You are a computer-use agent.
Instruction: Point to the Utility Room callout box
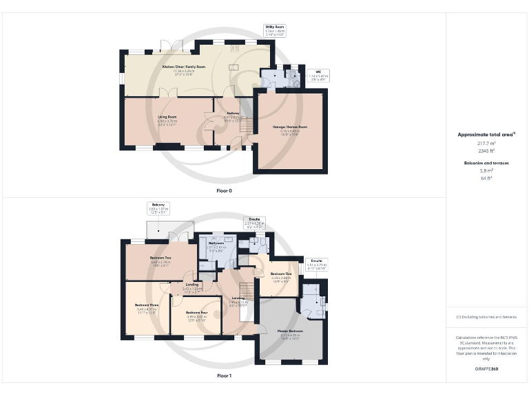click(275, 30)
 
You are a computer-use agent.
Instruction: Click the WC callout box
click(318, 74)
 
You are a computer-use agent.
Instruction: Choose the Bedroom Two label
click(160, 258)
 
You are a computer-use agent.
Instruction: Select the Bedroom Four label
click(197, 312)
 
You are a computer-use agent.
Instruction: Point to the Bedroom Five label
click(280, 274)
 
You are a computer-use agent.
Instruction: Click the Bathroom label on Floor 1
click(216, 244)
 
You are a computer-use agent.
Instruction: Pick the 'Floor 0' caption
click(224, 190)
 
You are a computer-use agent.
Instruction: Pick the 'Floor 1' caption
click(224, 376)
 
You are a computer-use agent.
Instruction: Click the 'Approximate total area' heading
click(487, 134)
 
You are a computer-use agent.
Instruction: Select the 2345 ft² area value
click(487, 150)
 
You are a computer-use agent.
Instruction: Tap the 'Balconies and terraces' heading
click(487, 162)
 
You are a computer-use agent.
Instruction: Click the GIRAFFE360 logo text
click(487, 370)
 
